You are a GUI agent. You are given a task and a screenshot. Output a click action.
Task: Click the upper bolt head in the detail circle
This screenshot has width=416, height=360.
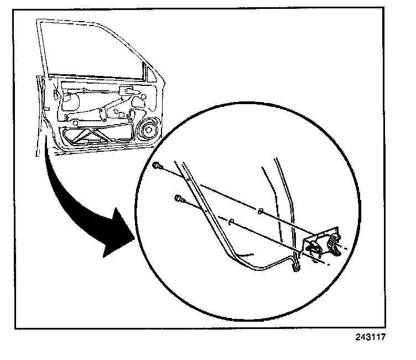(158, 165)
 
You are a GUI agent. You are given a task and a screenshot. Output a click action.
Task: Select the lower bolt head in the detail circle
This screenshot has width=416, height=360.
(178, 198)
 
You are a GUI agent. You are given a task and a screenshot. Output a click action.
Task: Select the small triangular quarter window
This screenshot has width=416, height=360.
(148, 71)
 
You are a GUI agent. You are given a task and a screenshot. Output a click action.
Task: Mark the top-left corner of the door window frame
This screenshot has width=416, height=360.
(39, 22)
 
